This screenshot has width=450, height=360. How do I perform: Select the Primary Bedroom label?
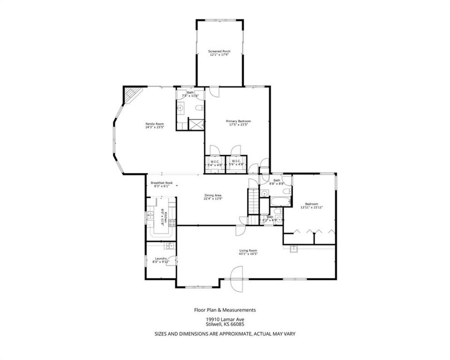pyautogui.click(x=238, y=121)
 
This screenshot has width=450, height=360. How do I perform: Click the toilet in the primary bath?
pyautogui.click(x=199, y=108)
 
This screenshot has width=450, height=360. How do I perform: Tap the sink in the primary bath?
pyautogui.click(x=181, y=108)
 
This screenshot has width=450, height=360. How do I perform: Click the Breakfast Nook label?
pyautogui.click(x=162, y=183)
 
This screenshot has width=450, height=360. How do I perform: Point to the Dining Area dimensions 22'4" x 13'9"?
pyautogui.click(x=212, y=198)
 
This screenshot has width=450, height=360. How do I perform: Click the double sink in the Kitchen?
pyautogui.click(x=150, y=215)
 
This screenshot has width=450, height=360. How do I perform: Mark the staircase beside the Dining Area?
pyautogui.click(x=253, y=201)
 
